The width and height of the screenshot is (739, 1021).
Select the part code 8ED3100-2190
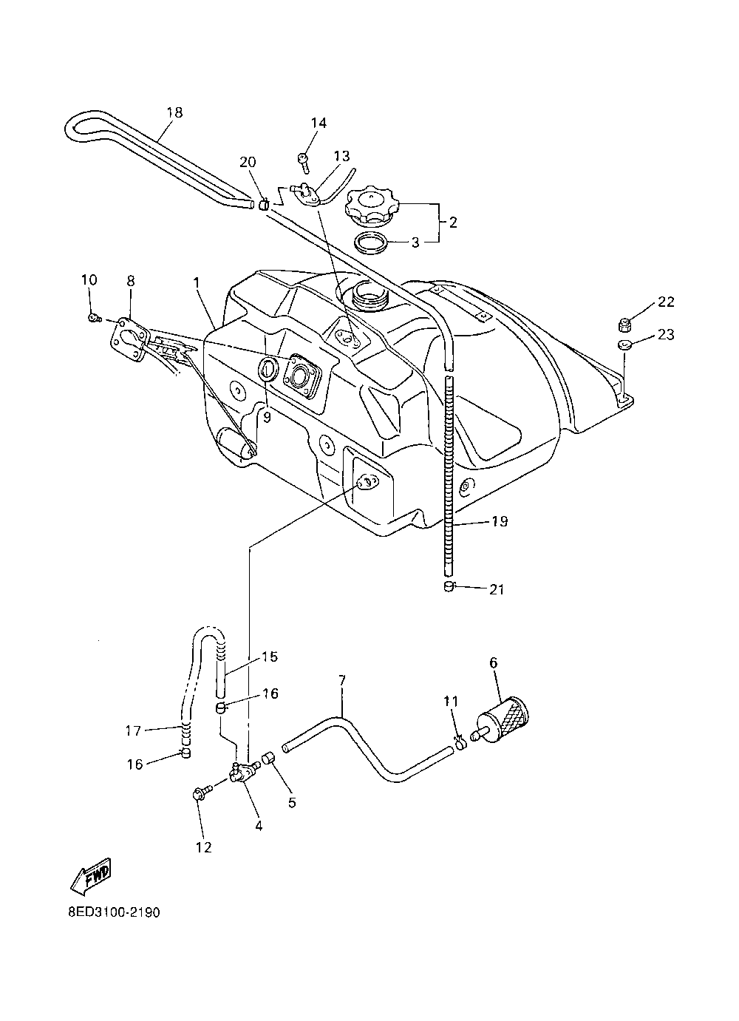coord(113,912)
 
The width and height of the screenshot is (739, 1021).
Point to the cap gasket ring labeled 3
coord(372,242)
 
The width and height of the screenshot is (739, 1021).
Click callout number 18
coord(174,113)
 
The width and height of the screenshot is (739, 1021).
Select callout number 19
coord(499,522)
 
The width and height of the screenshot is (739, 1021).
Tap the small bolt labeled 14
coord(304,158)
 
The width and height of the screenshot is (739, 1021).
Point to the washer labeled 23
coord(622,345)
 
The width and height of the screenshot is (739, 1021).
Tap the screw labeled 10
coord(94,318)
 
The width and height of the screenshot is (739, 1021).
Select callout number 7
coord(342,679)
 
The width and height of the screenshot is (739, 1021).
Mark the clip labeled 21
coord(447,587)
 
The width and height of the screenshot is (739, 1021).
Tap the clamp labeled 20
coord(262,203)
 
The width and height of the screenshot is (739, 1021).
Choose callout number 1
coord(197,282)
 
